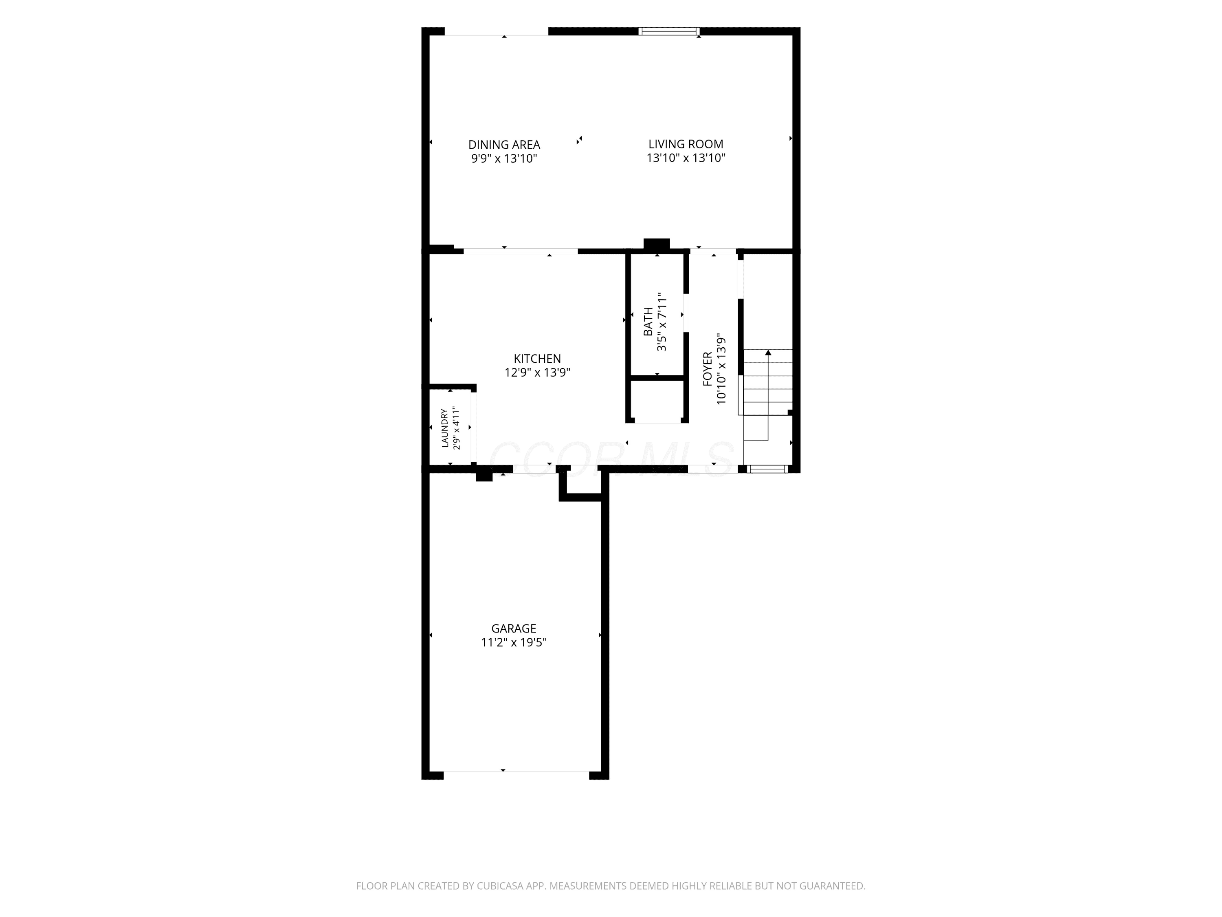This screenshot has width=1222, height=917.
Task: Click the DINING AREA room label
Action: tap(504, 145)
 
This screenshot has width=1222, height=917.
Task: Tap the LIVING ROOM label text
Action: tap(686, 144)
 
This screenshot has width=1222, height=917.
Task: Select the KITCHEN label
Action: tap(537, 359)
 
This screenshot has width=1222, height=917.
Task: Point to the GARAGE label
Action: tap(514, 628)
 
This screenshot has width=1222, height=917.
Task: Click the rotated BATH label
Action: tap(648, 322)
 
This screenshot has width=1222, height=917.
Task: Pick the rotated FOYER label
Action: tap(708, 369)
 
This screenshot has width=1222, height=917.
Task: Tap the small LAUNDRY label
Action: tap(445, 428)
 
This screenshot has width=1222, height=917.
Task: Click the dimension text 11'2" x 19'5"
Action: tap(514, 642)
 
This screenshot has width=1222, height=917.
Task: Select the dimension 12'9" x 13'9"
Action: tap(537, 373)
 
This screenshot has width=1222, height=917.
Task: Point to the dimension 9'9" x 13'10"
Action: tap(504, 159)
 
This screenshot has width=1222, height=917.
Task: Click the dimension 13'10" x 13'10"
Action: tap(686, 158)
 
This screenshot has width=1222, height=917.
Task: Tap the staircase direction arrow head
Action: tap(768, 353)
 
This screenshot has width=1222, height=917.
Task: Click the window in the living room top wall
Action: tap(669, 31)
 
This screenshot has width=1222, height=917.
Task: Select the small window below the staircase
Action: tap(767, 469)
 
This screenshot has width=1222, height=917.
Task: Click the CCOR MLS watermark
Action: tap(611, 459)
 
